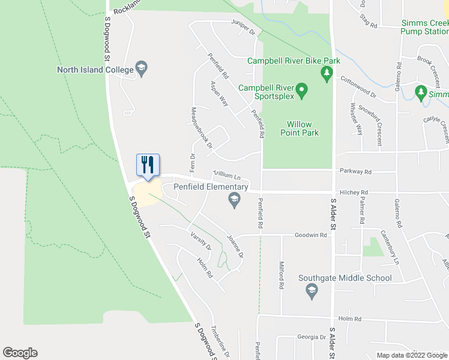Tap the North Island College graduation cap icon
tap(142, 70)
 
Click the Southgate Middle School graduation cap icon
tap(312, 292)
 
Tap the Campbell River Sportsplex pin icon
tap(303, 92)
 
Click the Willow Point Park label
tap(299, 128)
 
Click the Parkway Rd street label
tap(355, 172)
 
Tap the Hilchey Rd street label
tap(353, 193)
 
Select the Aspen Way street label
tap(218, 93)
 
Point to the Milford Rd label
tap(281, 275)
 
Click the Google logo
tap(20, 353)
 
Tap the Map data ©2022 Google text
tap(411, 355)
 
